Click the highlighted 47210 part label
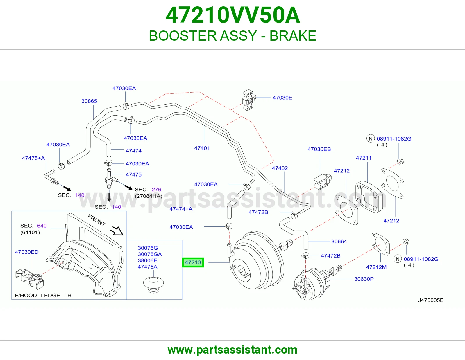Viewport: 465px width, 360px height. [x=193, y=262]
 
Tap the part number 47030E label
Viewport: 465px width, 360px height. [x=282, y=98]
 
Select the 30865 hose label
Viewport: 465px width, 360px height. [x=89, y=101]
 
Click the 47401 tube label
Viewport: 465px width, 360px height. [x=202, y=148]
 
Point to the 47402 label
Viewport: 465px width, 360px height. [x=280, y=168]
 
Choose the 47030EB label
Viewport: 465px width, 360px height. [x=319, y=149]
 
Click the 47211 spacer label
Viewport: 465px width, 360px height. [x=364, y=158]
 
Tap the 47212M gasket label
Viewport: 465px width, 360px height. [x=376, y=267]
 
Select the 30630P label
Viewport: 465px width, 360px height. [x=364, y=279]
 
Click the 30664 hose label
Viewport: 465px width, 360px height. [x=339, y=241]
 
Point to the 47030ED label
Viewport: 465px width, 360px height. [x=27, y=252]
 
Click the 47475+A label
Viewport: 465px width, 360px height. [x=33, y=158]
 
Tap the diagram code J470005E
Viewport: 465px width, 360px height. [x=431, y=300]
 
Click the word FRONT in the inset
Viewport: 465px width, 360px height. [x=97, y=220]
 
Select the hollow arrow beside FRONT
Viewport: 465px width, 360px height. [x=117, y=231]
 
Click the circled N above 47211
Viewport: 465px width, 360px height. [x=371, y=138]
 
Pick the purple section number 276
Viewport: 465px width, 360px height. [x=156, y=190]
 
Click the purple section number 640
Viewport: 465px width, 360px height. [x=42, y=226]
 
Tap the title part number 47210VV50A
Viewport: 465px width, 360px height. [x=233, y=15]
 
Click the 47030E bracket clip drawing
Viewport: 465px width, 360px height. [x=249, y=100]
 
